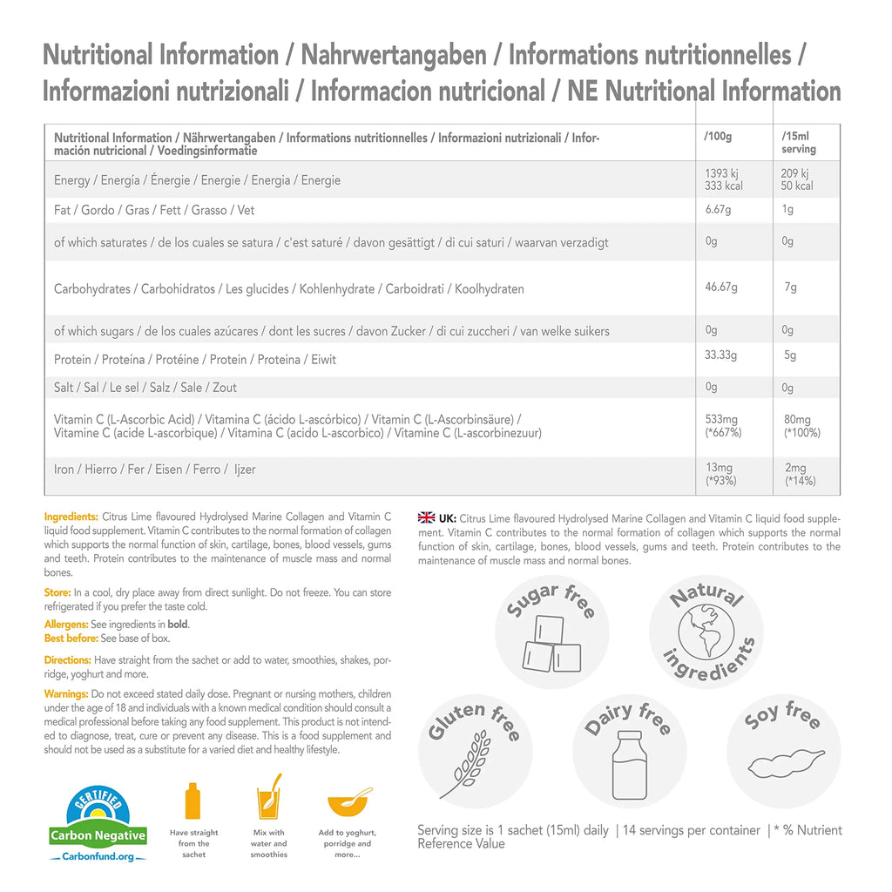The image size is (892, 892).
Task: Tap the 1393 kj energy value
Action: (x=721, y=173)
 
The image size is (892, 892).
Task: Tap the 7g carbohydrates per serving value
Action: (x=790, y=287)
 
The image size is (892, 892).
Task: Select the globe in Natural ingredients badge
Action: (x=706, y=632)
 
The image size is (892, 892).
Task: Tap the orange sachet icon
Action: (x=193, y=801)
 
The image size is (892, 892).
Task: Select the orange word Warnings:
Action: (x=66, y=693)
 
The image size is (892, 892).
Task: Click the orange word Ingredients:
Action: (x=71, y=517)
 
